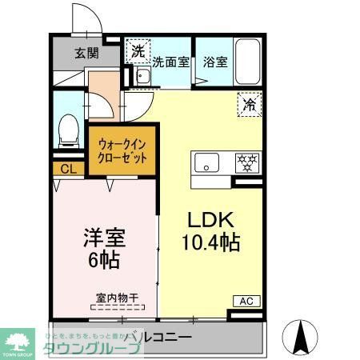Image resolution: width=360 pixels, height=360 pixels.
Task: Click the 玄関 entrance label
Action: pos(86,54)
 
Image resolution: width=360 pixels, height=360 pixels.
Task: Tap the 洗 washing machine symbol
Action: pos(138,51)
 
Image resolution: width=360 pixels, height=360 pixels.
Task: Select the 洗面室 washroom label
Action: pos(170,61)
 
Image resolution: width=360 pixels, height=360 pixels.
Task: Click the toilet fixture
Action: pos(69,130)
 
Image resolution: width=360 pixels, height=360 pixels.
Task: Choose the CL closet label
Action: pos(68,169)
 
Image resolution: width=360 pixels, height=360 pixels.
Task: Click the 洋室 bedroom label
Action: pos(104,238)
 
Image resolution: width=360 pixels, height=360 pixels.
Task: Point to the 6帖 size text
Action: pos(104,261)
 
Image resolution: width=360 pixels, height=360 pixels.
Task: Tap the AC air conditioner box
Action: pos(246,301)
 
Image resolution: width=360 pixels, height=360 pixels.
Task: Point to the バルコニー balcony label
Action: pos(160,338)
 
